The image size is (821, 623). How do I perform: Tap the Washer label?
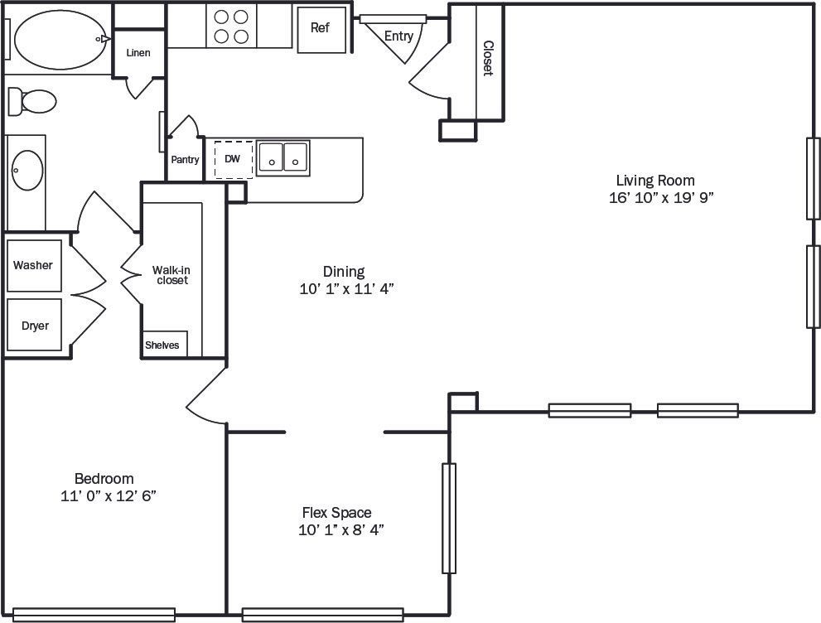33,265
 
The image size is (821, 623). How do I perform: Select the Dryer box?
35,325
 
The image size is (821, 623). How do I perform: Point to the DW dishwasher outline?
233,159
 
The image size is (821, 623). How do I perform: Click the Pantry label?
185,160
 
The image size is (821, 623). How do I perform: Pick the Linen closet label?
138,53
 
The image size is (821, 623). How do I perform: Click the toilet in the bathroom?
33,102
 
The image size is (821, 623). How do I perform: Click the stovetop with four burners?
231,26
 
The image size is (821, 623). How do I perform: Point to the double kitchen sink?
283,157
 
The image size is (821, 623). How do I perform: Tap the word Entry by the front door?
398,36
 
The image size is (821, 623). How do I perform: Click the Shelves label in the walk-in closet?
162,345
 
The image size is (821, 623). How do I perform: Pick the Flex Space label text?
336,513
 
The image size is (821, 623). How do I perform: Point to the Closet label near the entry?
488,58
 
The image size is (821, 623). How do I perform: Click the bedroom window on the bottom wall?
94,615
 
